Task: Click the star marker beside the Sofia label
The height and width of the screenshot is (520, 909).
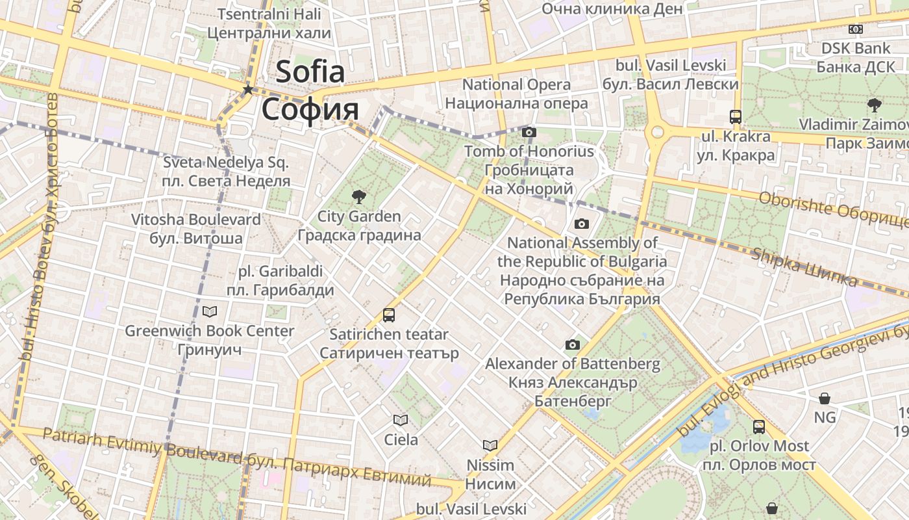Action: click(247, 90)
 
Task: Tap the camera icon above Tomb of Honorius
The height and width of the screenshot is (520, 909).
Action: click(529, 132)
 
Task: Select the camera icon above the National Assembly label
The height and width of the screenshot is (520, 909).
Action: click(581, 224)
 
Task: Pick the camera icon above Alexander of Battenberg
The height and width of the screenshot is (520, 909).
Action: click(572, 344)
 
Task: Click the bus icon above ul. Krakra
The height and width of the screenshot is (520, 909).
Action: click(735, 117)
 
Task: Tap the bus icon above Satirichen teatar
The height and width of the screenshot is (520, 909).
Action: click(388, 315)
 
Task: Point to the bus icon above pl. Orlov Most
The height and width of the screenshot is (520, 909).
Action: click(758, 427)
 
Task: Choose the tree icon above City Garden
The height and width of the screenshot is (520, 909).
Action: click(358, 196)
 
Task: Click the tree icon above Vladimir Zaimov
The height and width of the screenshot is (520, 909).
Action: click(874, 105)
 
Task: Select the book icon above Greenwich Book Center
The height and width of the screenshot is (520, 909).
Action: click(209, 311)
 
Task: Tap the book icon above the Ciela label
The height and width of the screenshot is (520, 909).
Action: click(401, 421)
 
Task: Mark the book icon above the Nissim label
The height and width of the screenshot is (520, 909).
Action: click(490, 445)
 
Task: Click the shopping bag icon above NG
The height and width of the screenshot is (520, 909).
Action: click(824, 398)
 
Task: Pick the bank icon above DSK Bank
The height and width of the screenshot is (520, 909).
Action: click(856, 29)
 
